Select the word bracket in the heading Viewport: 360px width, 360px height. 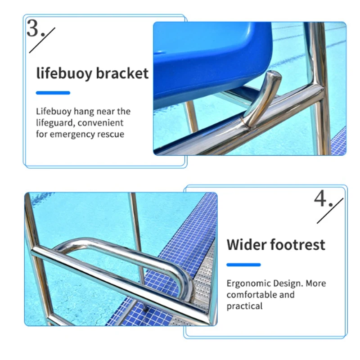tap(123, 73)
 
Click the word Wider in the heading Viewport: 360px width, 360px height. tap(246, 245)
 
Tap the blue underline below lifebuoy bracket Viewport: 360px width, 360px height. tap(53, 93)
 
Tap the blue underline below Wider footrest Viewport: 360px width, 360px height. tap(243, 265)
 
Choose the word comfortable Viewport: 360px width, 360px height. tap(253, 295)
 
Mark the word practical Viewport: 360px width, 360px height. tap(244, 306)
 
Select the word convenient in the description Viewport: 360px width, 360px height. tap(101, 123)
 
